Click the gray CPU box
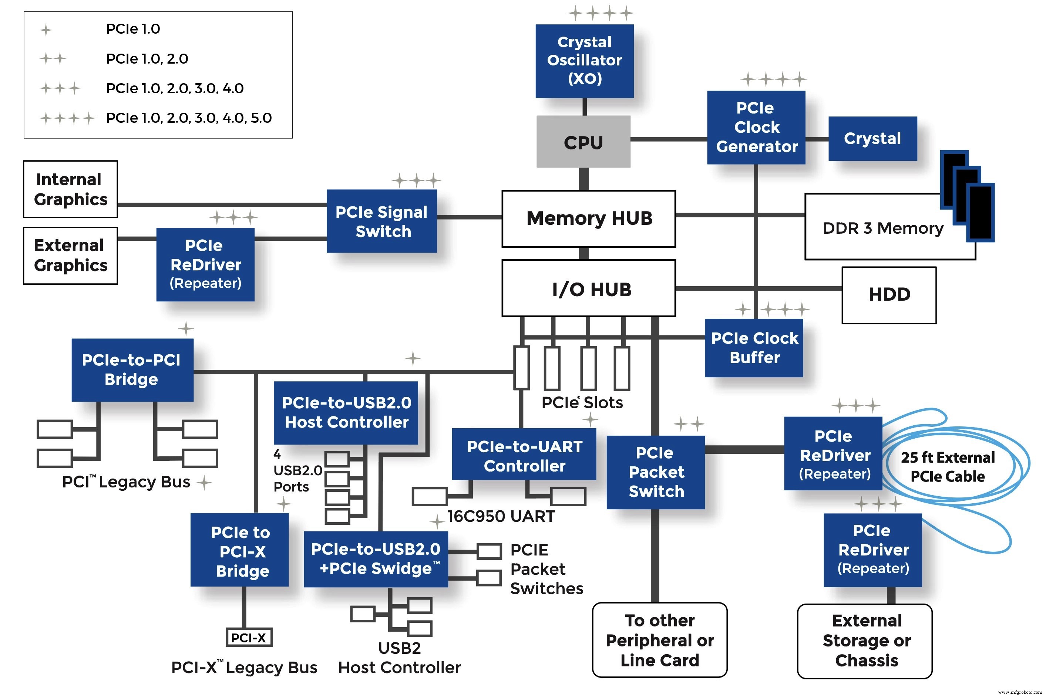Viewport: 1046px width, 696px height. click(x=583, y=142)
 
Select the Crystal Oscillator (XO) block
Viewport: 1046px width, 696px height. click(x=584, y=61)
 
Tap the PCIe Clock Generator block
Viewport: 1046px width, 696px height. click(x=756, y=127)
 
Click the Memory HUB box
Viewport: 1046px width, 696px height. click(x=588, y=219)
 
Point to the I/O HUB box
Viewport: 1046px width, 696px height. click(x=588, y=288)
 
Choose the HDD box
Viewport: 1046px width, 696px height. click(x=888, y=295)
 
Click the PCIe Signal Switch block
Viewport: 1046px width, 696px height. click(x=381, y=221)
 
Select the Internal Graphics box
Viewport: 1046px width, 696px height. click(x=70, y=189)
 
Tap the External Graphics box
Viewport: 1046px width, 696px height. click(x=70, y=255)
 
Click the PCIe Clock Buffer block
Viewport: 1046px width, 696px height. click(x=753, y=348)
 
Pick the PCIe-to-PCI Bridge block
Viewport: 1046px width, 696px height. click(x=132, y=370)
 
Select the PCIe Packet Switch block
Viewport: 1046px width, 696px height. click(x=655, y=472)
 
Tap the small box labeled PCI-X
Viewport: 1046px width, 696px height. click(x=248, y=638)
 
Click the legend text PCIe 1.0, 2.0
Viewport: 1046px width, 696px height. click(x=147, y=58)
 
